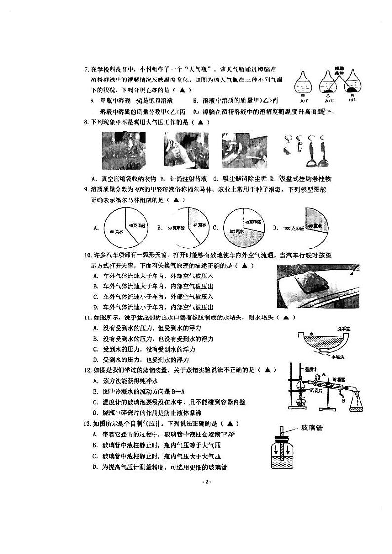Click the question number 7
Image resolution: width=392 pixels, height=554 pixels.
86,69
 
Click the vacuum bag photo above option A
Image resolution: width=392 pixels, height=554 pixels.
121,152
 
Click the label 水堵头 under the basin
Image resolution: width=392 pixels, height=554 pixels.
339,356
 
